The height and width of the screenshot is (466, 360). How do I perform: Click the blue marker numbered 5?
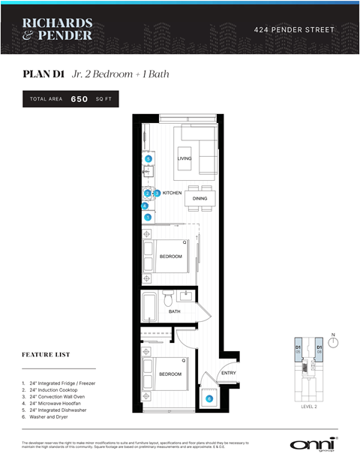coord(148,159)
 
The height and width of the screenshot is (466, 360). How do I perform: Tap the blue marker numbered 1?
coord(148,218)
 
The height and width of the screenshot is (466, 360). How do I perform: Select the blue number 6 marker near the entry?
coord(209,399)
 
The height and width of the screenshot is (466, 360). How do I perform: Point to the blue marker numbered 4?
coord(145,206)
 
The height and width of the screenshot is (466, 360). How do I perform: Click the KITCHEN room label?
coord(172,194)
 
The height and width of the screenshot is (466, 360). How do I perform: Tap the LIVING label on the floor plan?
coord(184,159)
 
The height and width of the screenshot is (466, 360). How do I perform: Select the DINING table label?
coord(199,199)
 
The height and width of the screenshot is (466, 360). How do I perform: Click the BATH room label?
coord(174,311)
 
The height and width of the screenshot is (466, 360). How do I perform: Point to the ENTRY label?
coord(228,374)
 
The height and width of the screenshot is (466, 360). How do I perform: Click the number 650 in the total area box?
coord(79,99)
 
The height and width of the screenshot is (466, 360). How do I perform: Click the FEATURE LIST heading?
coord(46,354)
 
